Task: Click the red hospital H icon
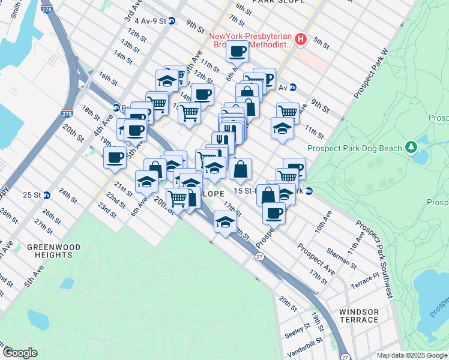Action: pos(301,40)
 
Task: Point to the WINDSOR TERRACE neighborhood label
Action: pos(359,316)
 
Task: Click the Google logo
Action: pos(20,353)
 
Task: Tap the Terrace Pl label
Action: pos(366,280)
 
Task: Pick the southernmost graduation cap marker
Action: pos(224,223)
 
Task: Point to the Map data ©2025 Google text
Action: pos(411,355)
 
